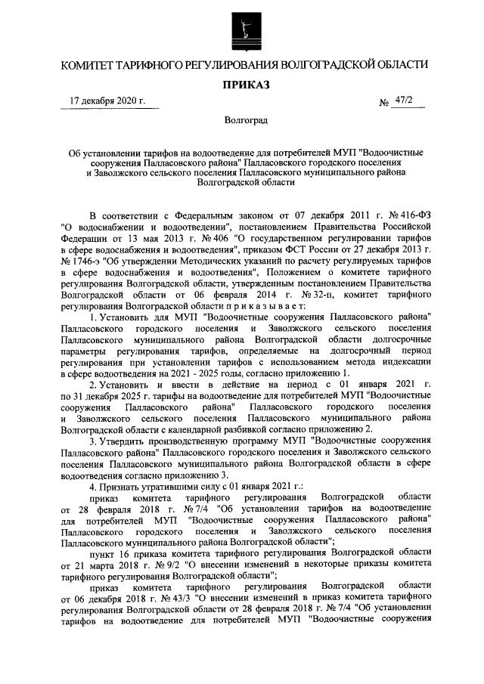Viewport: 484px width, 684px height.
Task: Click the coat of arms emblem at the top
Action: [242, 31]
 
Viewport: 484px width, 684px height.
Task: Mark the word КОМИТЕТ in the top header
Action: [94, 65]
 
